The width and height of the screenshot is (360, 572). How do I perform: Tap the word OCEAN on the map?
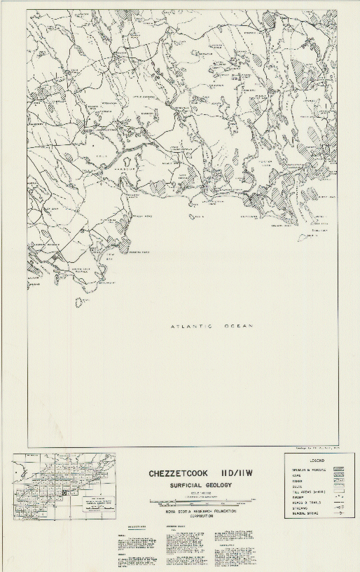[x=237, y=327]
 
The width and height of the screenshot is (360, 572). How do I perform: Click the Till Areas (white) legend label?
[x=304, y=493]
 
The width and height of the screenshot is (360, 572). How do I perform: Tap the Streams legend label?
[x=297, y=510]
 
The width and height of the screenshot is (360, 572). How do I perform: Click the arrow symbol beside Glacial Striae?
[x=338, y=515]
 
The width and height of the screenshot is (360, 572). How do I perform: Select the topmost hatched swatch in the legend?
[x=338, y=469]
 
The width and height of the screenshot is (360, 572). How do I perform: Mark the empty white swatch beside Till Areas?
[x=338, y=493]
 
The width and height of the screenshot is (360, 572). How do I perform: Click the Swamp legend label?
[x=294, y=498]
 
